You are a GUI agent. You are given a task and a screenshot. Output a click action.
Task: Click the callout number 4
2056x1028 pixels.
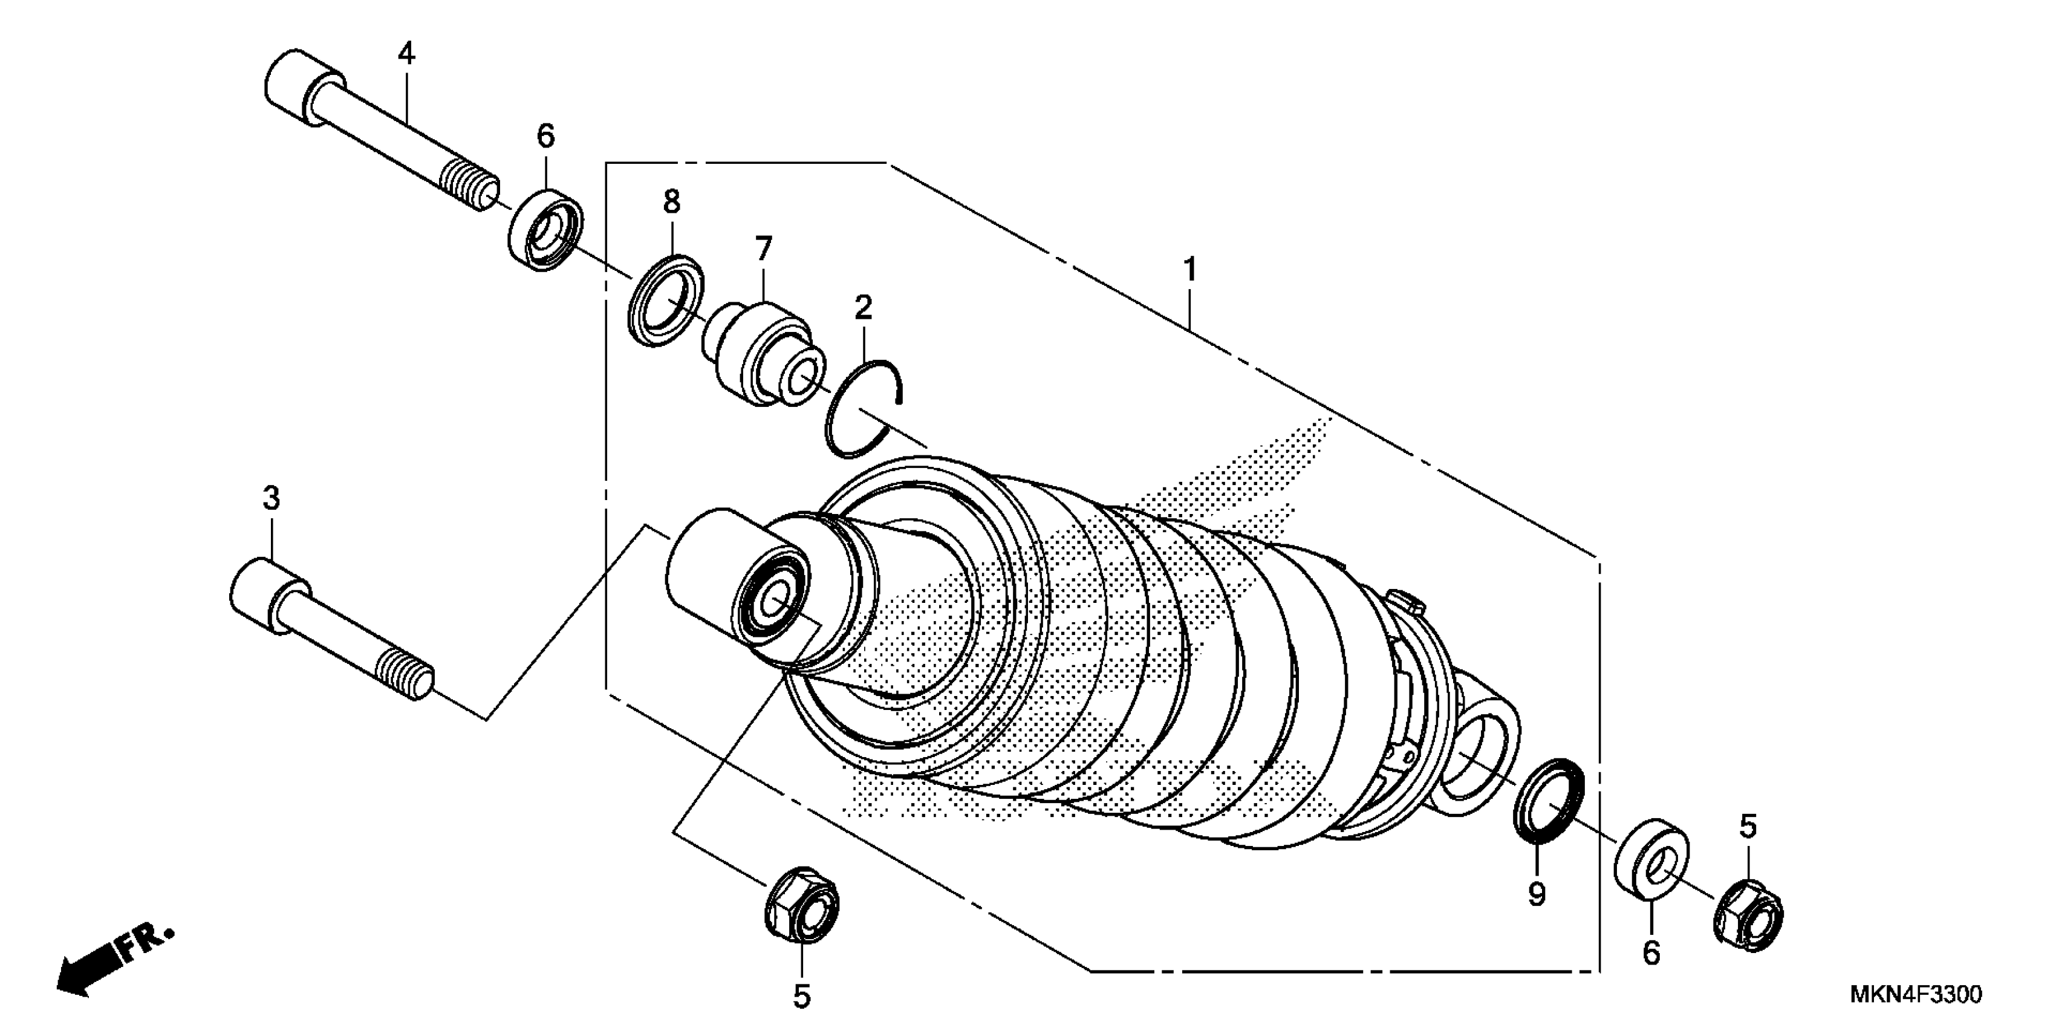(406, 54)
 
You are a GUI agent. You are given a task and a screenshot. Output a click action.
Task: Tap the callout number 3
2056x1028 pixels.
(272, 499)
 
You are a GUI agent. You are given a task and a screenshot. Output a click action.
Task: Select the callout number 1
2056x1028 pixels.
(1189, 270)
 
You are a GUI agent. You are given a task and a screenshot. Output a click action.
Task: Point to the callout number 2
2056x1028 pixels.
(863, 307)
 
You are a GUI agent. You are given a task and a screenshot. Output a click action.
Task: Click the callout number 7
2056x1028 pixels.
(764, 249)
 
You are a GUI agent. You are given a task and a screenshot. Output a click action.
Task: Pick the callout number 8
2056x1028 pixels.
(672, 203)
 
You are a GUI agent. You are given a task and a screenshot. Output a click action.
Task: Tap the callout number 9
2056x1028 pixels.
(1537, 894)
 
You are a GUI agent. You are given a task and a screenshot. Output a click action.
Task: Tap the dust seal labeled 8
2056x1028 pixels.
(666, 299)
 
